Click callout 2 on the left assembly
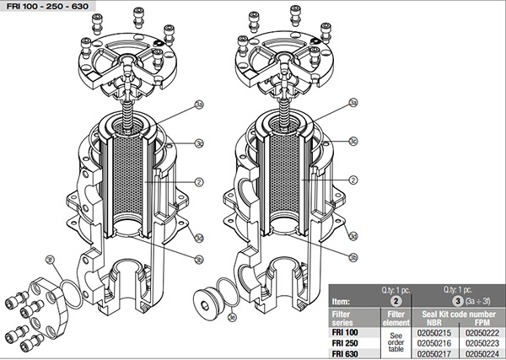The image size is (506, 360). click(x=199, y=180)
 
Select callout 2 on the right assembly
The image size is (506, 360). click(x=355, y=180)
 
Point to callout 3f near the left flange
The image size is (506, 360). click(x=50, y=261)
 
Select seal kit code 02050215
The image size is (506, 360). click(x=434, y=333)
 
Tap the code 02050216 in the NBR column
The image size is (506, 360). click(x=434, y=343)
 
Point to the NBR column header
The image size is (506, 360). click(x=434, y=323)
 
